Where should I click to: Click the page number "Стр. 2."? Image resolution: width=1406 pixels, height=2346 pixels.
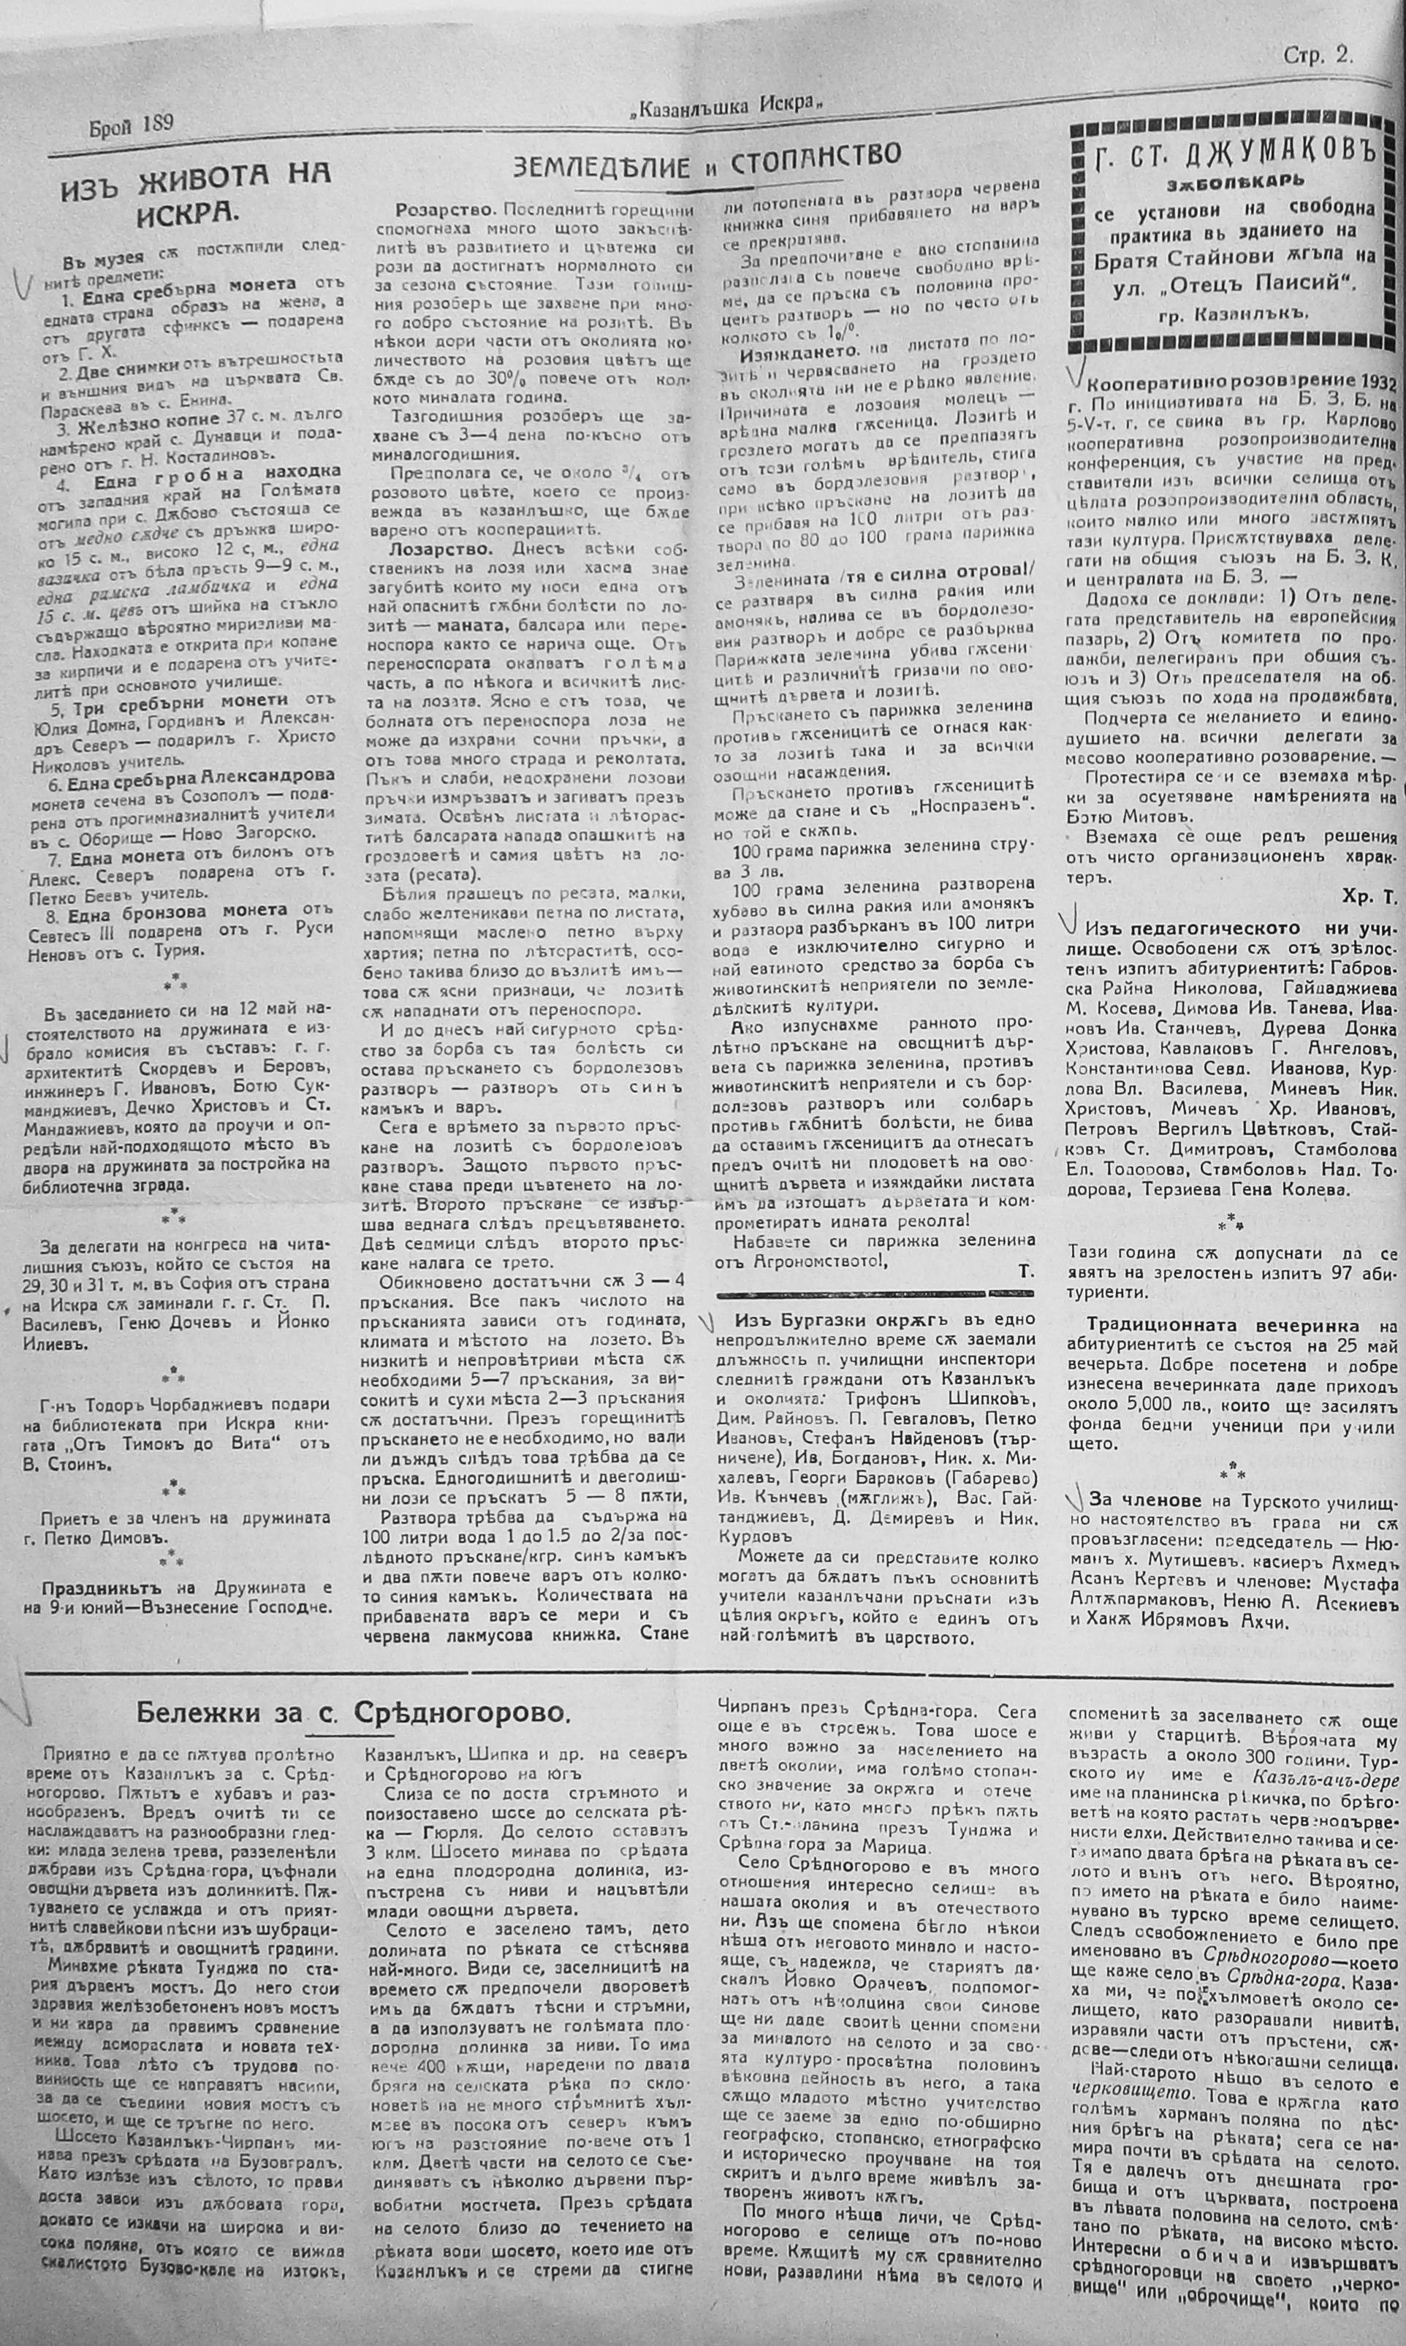pyautogui.click(x=1318, y=56)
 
